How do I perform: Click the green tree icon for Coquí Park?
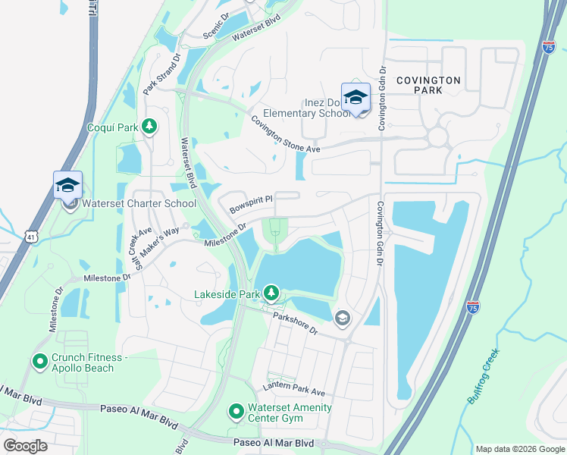click(150, 127)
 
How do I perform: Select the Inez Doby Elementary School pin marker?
click(355, 98)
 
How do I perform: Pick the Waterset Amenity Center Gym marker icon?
click(237, 413)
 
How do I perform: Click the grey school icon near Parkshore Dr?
click(343, 318)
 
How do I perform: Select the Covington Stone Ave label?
click(286, 135)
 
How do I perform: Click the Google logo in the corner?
click(25, 445)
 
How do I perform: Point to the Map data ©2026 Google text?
click(519, 449)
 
